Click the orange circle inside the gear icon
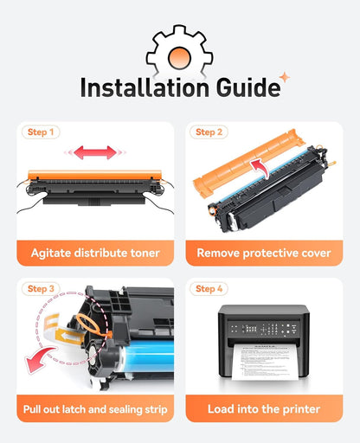tap(179, 58)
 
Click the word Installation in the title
tap(145, 87)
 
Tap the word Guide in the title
tap(248, 87)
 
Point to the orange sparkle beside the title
tap(285, 77)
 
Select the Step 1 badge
tap(41, 132)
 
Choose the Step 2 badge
tap(209, 132)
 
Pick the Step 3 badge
tap(41, 289)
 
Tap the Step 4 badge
tap(209, 289)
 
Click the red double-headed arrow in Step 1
tap(95, 152)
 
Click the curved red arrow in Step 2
tap(261, 167)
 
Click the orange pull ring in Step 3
tap(90, 324)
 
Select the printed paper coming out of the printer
tap(265, 362)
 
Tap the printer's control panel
tap(264, 329)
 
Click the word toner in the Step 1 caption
tap(145, 253)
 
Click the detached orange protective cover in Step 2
tap(247, 163)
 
